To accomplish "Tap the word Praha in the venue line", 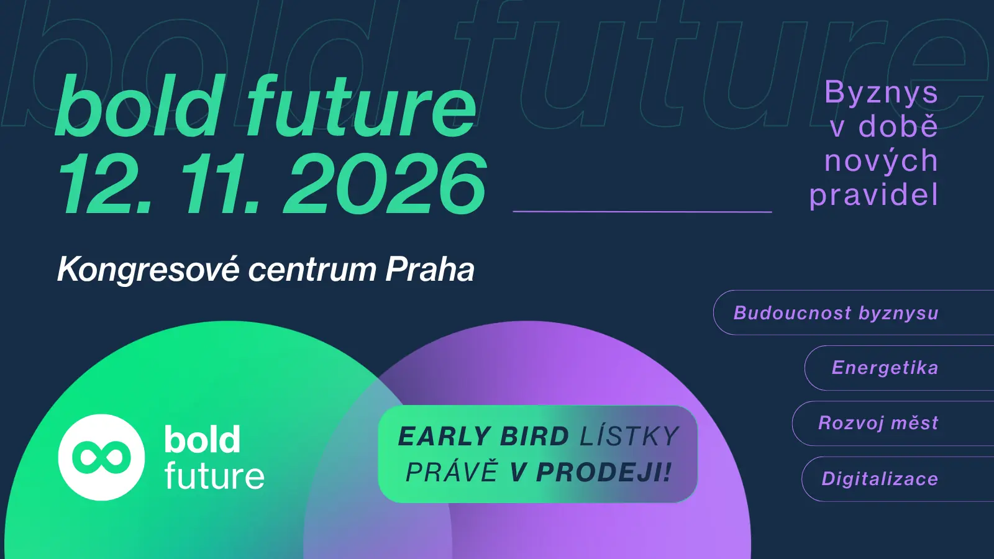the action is pyautogui.click(x=430, y=270).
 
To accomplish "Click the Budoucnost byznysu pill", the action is pyautogui.click(x=854, y=312).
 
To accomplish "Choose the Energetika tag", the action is pyautogui.click(x=899, y=368).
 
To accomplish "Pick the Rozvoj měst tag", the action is pyautogui.click(x=893, y=423).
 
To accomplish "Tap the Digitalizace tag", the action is pyautogui.click(x=898, y=479).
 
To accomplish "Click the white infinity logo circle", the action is pyautogui.click(x=102, y=457).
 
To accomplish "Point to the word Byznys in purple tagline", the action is pyautogui.click(x=882, y=93).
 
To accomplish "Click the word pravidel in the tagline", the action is pyautogui.click(x=873, y=194).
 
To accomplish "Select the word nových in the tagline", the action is pyautogui.click(x=882, y=161).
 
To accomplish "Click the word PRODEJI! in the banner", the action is pyautogui.click(x=603, y=472).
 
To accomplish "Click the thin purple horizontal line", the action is pyautogui.click(x=642, y=212).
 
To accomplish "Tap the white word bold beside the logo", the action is pyautogui.click(x=203, y=439).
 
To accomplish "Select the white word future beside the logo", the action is pyautogui.click(x=214, y=476).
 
